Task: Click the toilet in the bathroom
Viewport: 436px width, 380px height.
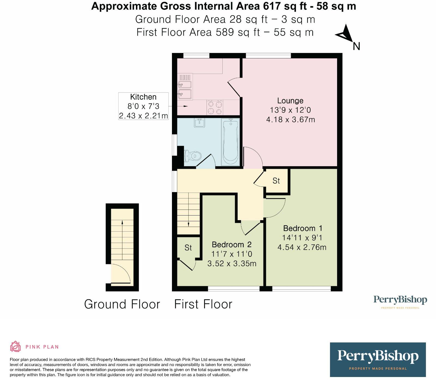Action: (x=193, y=156)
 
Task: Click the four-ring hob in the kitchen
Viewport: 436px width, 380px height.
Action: (x=215, y=107)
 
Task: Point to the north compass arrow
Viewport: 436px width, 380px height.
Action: (x=344, y=34)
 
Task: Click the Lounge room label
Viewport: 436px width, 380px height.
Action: (x=290, y=101)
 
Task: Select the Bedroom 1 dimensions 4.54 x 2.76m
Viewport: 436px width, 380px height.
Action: (x=302, y=247)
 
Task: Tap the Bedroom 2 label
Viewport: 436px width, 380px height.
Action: (x=231, y=244)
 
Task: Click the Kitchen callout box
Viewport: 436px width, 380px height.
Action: (x=143, y=106)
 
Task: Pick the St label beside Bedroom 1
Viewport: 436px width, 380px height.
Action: (x=276, y=181)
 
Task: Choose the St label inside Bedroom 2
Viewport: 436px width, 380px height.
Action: (x=188, y=248)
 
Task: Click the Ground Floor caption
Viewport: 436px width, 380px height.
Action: (x=122, y=304)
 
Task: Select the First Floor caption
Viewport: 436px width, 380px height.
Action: (x=203, y=304)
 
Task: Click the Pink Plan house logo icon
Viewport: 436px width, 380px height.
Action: (x=15, y=346)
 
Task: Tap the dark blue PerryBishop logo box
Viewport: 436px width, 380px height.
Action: (x=378, y=360)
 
